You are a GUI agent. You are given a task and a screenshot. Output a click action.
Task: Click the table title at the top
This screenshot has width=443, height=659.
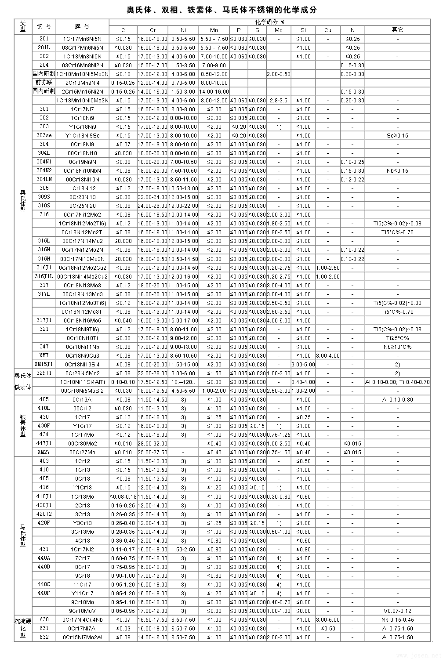coord(221,10)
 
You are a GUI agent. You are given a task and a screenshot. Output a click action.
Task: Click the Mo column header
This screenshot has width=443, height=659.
coord(278,30)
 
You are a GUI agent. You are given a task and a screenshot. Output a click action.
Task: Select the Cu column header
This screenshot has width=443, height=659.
coord(328,30)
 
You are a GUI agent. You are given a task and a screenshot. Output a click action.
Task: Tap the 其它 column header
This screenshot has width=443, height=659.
coord(397,30)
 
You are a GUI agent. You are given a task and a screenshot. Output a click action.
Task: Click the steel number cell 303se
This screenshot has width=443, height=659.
coord(44,135)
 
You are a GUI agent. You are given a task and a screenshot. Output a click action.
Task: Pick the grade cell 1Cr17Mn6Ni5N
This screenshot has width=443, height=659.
coord(82,39)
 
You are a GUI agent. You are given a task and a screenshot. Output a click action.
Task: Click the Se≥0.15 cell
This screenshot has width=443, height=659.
coord(397,135)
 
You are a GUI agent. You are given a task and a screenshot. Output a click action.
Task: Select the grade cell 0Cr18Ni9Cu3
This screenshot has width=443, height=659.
coord(82,355)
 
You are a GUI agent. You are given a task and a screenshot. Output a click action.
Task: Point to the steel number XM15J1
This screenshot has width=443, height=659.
coord(44,364)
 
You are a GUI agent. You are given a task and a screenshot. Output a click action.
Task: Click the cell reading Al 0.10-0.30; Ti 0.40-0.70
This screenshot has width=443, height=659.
coord(397,382)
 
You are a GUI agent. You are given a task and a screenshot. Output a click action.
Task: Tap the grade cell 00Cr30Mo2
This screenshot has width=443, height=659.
coord(82,443)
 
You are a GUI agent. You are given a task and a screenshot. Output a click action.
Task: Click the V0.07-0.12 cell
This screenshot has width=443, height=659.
coord(397,611)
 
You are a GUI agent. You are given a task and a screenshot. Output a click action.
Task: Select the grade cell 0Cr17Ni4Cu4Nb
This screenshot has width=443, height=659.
coord(82,619)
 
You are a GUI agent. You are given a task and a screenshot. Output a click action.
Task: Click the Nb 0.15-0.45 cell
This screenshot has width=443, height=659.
coord(397,619)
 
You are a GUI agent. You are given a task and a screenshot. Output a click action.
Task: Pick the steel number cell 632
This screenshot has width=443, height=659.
coord(44,637)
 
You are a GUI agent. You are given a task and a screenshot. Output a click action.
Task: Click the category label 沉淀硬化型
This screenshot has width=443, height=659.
coord(23,628)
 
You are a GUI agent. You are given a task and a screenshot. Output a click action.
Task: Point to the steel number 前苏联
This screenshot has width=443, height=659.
coord(44,83)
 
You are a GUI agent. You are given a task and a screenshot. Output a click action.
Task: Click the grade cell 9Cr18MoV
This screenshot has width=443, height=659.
coord(82,611)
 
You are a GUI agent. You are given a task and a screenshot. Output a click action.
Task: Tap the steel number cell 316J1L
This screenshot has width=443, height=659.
coord(44,276)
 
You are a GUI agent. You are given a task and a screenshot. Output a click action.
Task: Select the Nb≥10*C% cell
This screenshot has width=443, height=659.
coord(397,347)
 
